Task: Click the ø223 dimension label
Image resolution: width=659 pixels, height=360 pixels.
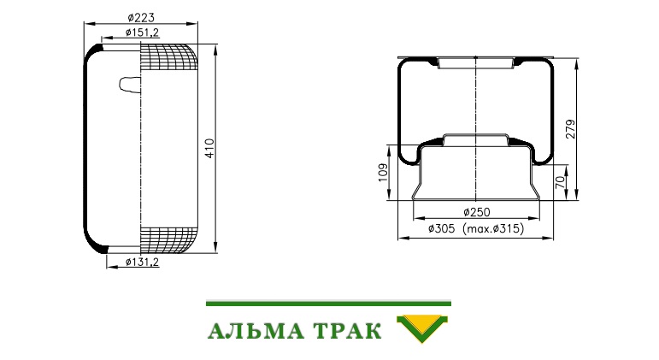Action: pyautogui.click(x=141, y=17)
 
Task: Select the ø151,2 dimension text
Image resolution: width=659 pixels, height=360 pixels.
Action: pyautogui.click(x=142, y=32)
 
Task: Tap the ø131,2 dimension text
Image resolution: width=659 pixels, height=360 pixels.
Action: pyautogui.click(x=142, y=262)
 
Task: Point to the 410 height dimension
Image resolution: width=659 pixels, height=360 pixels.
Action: pyautogui.click(x=209, y=148)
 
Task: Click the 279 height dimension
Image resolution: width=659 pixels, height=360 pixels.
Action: pyautogui.click(x=570, y=129)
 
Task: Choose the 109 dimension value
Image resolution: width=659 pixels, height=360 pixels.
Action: pyautogui.click(x=383, y=173)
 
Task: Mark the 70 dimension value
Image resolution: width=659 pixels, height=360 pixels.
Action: pyautogui.click(x=560, y=182)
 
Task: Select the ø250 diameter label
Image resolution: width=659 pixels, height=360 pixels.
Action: pyautogui.click(x=477, y=212)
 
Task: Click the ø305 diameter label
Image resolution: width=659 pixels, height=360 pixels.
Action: pyautogui.click(x=441, y=229)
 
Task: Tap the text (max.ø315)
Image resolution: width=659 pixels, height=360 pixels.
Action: pyautogui.click(x=493, y=229)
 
